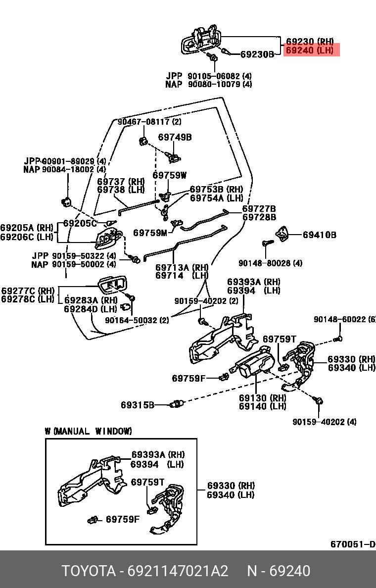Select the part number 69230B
(x=257, y=54)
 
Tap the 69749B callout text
(x=175, y=137)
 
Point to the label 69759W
(x=169, y=175)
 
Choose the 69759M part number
(x=150, y=232)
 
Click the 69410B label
(x=319, y=235)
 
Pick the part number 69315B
(x=137, y=405)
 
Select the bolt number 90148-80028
(x=270, y=263)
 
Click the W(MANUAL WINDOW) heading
(x=89, y=431)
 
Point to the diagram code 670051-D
(x=353, y=544)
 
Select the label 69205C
(x=81, y=223)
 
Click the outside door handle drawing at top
(x=200, y=40)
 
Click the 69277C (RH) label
(x=28, y=291)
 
